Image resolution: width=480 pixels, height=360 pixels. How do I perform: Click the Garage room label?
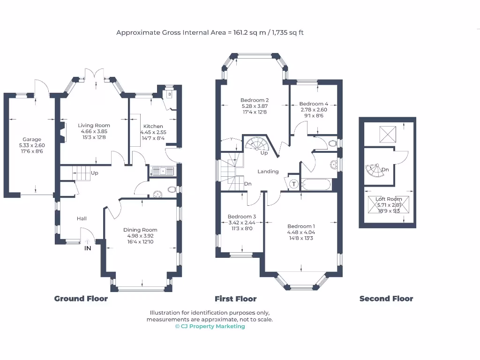pyautogui.click(x=32, y=139)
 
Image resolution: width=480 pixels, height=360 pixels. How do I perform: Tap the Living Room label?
pyautogui.click(x=94, y=125)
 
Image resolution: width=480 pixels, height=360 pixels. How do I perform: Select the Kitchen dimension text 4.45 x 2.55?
pyautogui.click(x=153, y=132)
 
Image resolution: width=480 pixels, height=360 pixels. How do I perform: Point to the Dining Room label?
pyautogui.click(x=140, y=230)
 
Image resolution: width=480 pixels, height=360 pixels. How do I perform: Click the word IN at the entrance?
pyautogui.click(x=88, y=248)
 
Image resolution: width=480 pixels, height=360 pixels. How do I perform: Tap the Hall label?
pyautogui.click(x=82, y=218)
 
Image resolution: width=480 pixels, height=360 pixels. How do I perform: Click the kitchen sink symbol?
pyautogui.click(x=162, y=171)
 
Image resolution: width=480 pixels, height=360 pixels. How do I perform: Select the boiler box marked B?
pyautogui.click(x=169, y=94)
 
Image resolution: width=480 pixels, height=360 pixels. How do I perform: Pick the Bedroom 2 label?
pyautogui.click(x=255, y=100)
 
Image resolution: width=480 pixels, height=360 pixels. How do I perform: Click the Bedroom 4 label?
pyautogui.click(x=314, y=104)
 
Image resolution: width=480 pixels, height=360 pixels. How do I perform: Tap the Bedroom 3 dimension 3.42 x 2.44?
pyautogui.click(x=242, y=223)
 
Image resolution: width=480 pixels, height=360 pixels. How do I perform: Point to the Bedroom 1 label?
pyautogui.click(x=301, y=226)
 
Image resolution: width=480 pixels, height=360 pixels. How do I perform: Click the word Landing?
pyautogui.click(x=268, y=172)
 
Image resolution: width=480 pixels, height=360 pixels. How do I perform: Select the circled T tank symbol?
pyautogui.click(x=294, y=184)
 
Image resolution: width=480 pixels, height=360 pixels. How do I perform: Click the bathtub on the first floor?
pyautogui.click(x=316, y=185)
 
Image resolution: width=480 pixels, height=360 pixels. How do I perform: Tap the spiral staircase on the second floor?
pyautogui.click(x=375, y=171)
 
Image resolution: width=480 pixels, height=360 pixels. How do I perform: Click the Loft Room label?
pyautogui.click(x=389, y=199)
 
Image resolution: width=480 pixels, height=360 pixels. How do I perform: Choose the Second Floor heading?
pyautogui.click(x=386, y=299)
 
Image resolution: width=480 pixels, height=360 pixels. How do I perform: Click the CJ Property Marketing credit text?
pyautogui.click(x=210, y=326)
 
